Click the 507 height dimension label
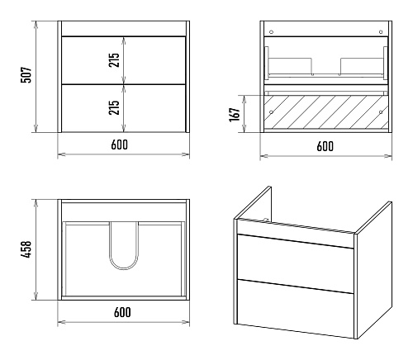tap(26, 74)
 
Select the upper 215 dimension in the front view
tap(114, 60)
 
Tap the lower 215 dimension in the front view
tap(114, 107)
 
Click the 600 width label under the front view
tap(120, 144)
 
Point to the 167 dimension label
tap(235, 115)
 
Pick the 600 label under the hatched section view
tap(325, 146)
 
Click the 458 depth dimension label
tap(26, 249)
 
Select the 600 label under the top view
tap(122, 312)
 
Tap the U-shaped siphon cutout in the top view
tap(124, 268)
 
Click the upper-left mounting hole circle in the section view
tap(271, 32)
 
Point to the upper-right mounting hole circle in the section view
tap(381, 32)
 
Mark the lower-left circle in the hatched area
tap(271, 112)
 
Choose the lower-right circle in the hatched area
tap(381, 112)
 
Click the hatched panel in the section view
tap(326, 112)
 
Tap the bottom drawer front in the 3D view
tap(295, 308)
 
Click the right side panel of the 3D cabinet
tap(373, 270)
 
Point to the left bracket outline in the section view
tap(290, 66)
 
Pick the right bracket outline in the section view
tap(363, 66)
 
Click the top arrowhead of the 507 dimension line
tap(36, 25)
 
